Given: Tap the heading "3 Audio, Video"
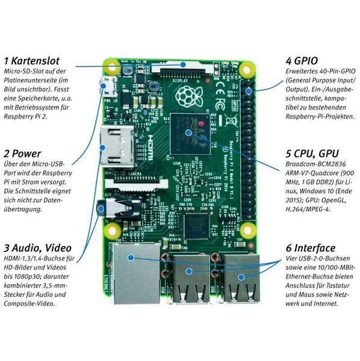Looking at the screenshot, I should (x=37, y=247).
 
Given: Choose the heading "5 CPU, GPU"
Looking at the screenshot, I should (x=314, y=153).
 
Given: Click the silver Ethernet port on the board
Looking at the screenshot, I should (x=131, y=274).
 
